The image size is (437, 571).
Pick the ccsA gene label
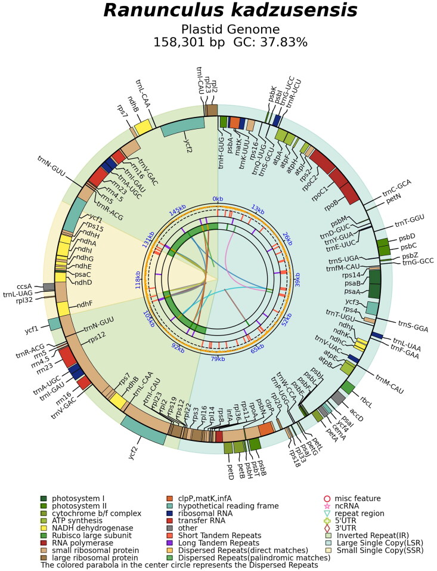31,286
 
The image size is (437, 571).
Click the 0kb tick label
218,199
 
